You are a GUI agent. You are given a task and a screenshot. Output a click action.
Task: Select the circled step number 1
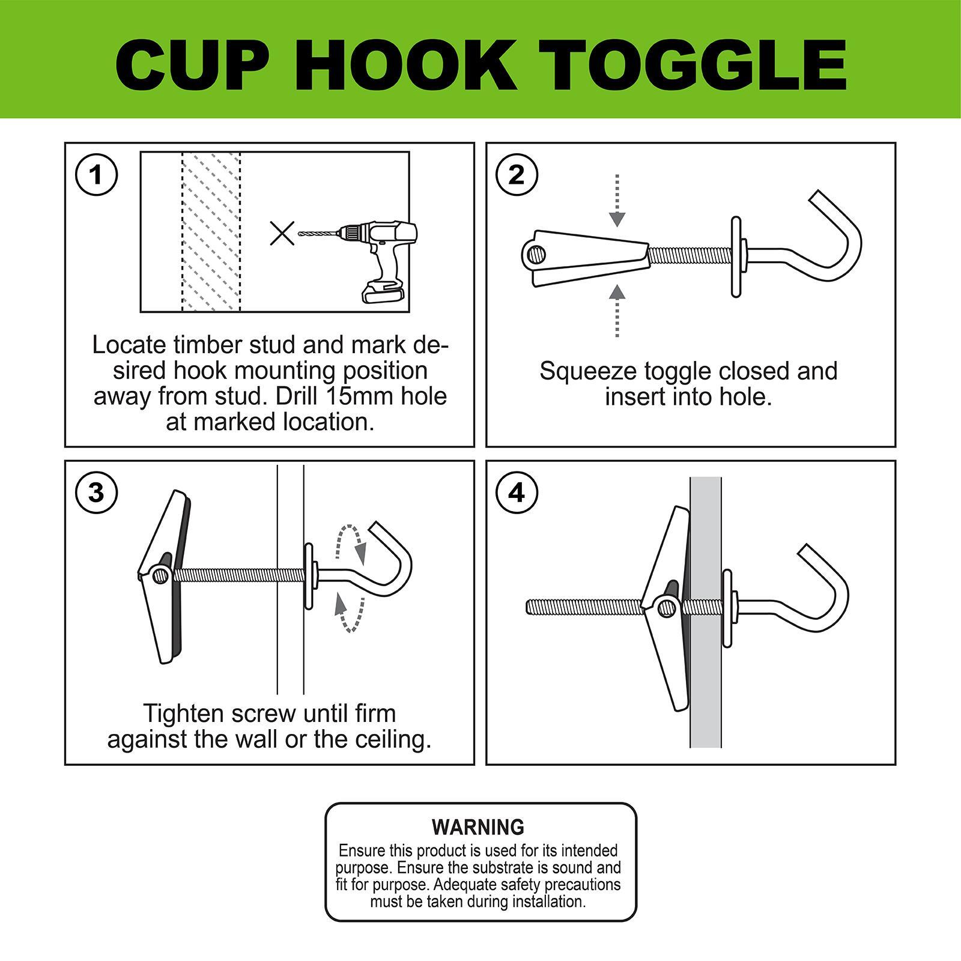(x=96, y=175)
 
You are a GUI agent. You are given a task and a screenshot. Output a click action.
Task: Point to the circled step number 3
(x=96, y=493)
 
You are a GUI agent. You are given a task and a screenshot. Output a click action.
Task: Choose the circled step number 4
(x=517, y=493)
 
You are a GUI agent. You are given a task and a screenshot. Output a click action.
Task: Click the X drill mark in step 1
(x=282, y=233)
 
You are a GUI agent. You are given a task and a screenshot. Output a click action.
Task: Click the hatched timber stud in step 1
(x=211, y=232)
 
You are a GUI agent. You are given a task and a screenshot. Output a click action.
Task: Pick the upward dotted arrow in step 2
(x=617, y=311)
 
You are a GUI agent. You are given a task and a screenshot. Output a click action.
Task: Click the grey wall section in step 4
(x=706, y=612)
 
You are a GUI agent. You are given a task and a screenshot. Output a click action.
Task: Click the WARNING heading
(x=478, y=827)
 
